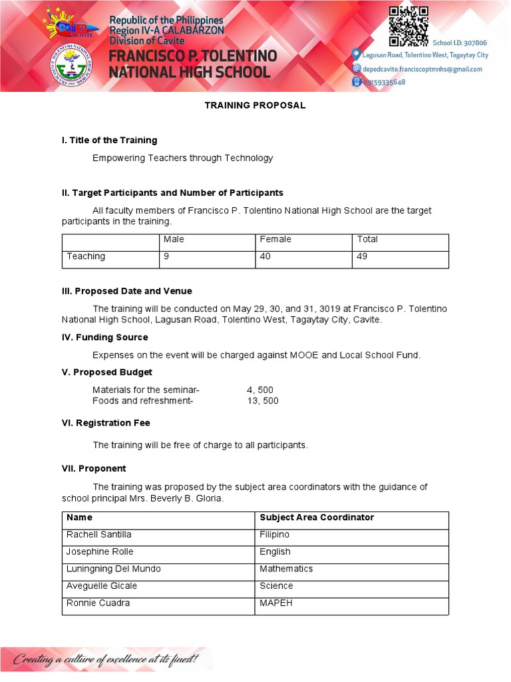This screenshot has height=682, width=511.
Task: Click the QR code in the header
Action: (409, 26)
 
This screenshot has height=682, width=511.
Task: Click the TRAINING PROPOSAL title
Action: (255, 105)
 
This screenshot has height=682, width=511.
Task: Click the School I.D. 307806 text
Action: (460, 43)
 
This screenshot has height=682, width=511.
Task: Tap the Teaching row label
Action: (86, 256)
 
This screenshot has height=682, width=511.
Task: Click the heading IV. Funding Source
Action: (104, 338)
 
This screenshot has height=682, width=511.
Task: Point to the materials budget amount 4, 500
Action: (259, 390)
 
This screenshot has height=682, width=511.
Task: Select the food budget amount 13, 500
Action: (262, 401)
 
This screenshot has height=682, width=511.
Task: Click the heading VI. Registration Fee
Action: (106, 423)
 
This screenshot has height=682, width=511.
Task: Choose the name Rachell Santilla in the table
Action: (98, 535)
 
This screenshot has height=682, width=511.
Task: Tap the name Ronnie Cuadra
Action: (98, 603)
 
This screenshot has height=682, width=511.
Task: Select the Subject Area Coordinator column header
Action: (317, 517)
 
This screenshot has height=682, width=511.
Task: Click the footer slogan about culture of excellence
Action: (106, 659)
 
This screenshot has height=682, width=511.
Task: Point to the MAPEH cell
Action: (276, 603)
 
